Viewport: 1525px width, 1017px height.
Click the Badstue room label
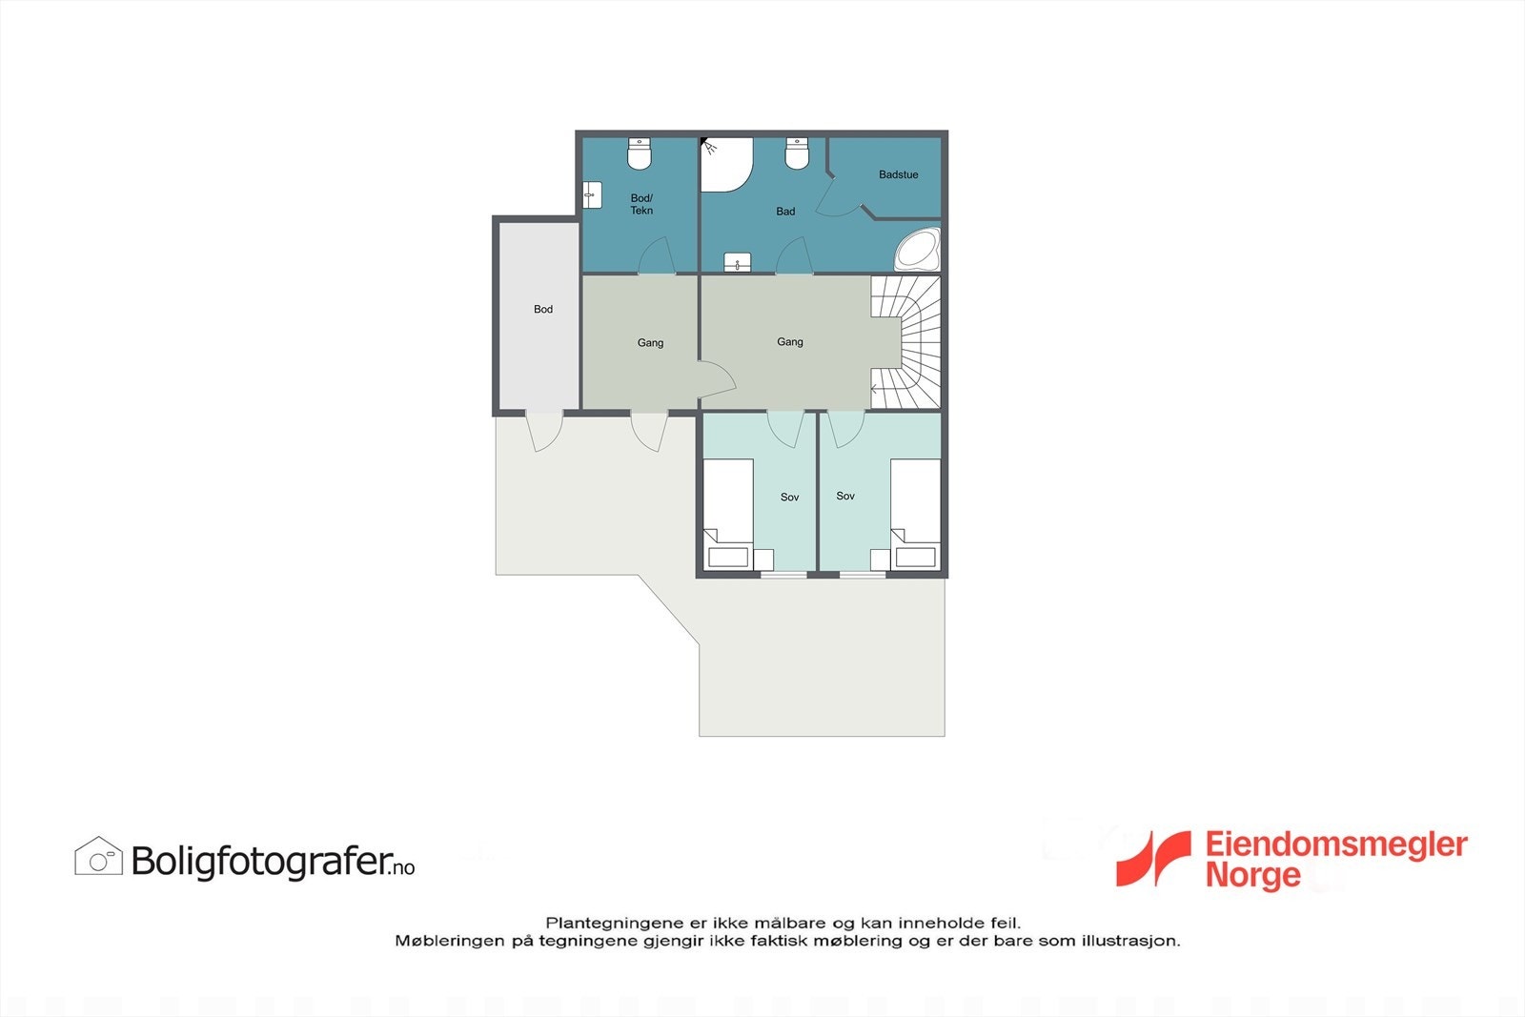(x=898, y=174)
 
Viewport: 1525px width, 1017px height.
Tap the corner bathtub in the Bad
(x=917, y=250)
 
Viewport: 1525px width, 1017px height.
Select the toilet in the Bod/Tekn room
(x=639, y=153)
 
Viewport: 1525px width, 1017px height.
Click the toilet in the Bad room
(x=797, y=153)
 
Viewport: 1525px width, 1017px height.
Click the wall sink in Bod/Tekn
(x=592, y=194)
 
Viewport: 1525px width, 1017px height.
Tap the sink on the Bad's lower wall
(x=738, y=262)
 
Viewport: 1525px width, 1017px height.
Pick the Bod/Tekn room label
(x=641, y=204)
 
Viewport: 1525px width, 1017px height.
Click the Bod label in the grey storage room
(x=543, y=309)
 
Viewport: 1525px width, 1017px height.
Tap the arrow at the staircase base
(x=876, y=389)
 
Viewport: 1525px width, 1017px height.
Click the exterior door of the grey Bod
(x=544, y=431)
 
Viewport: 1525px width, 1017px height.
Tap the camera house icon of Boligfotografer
(x=98, y=857)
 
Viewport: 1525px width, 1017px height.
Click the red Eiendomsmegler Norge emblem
(x=1153, y=858)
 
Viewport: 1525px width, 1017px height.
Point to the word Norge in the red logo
(x=1252, y=875)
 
